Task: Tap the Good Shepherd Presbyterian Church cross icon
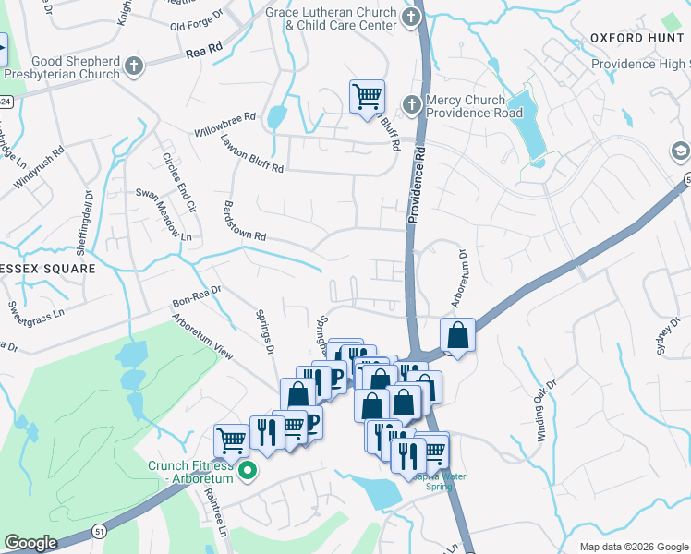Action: pos(135,66)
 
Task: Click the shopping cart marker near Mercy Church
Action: pos(367,96)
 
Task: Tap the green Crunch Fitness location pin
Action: pos(247,471)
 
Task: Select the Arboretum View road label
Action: pos(202,331)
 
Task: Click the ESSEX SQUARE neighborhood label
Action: pos(48,269)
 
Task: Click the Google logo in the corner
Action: pos(31,543)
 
